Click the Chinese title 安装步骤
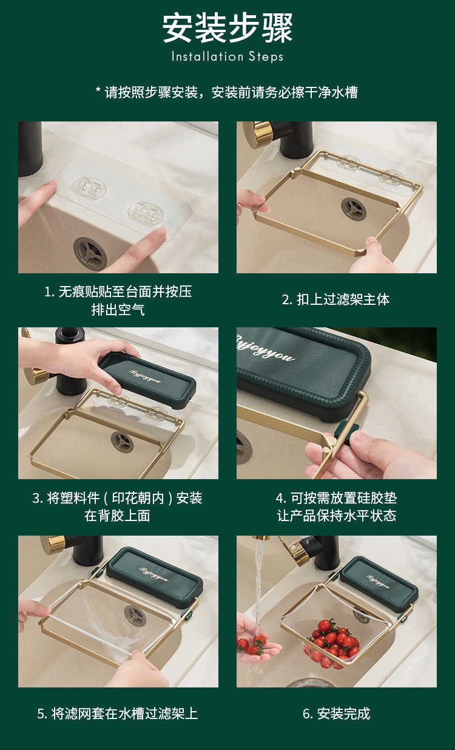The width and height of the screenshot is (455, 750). click(227, 28)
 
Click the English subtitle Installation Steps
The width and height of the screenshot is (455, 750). click(227, 56)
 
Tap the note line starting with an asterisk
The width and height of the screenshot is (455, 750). click(227, 92)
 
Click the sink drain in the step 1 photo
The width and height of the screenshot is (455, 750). click(90, 253)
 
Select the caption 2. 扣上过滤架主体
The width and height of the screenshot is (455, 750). click(336, 299)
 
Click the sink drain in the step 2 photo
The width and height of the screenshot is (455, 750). click(354, 208)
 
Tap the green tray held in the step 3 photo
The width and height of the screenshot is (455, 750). click(147, 380)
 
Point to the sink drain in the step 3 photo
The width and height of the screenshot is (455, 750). click(122, 441)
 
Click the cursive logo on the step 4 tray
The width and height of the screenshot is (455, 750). click(265, 348)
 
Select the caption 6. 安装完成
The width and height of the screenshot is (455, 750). click(337, 714)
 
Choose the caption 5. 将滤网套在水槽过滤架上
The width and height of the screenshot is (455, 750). click(118, 714)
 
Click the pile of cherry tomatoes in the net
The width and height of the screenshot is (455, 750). click(333, 644)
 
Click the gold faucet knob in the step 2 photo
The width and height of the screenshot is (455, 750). click(257, 135)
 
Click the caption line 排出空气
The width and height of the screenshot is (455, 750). click(118, 310)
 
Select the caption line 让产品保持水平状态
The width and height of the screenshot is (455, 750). click(337, 516)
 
